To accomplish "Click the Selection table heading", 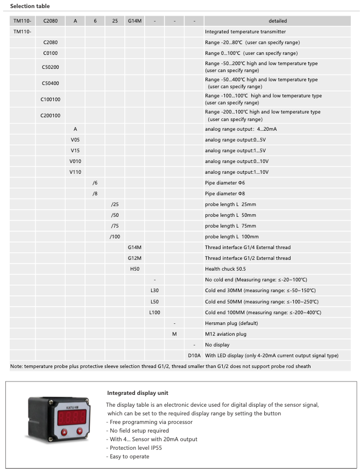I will [x=30, y=6].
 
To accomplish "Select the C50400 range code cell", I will [x=51, y=83].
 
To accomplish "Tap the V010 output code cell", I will [x=75, y=161].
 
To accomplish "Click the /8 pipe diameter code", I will [x=95, y=194].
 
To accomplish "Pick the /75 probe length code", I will [x=115, y=226].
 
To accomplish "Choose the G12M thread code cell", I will [x=135, y=258].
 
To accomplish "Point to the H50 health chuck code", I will [x=135, y=269].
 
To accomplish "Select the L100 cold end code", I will [x=154, y=312].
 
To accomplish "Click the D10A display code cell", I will [x=194, y=355].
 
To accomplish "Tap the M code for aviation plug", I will [x=174, y=334].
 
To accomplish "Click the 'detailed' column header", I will [x=277, y=21].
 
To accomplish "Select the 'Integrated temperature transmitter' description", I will [x=245, y=32].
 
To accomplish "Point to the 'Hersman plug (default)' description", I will [x=231, y=323].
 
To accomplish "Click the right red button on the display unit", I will [x=80, y=430].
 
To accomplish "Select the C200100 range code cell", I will [x=51, y=115].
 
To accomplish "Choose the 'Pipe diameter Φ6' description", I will [x=225, y=183].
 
